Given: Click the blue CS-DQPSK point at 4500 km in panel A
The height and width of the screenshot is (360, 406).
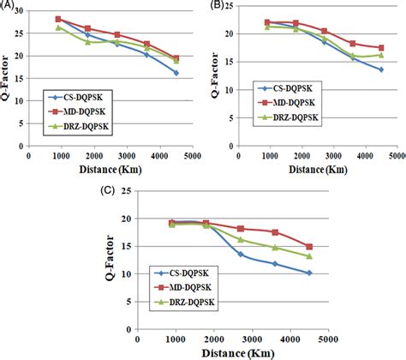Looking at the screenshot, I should click(176, 73).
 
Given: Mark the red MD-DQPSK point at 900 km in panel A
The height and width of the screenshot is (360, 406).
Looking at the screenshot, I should click(58, 19).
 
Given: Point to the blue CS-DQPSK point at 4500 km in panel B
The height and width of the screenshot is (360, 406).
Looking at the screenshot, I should click(380, 69).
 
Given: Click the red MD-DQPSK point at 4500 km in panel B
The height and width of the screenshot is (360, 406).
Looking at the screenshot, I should click(380, 48).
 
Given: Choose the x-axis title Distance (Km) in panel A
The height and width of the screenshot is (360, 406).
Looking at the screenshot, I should click(115, 167).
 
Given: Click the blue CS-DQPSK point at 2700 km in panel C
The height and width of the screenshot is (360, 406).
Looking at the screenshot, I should click(241, 255).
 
